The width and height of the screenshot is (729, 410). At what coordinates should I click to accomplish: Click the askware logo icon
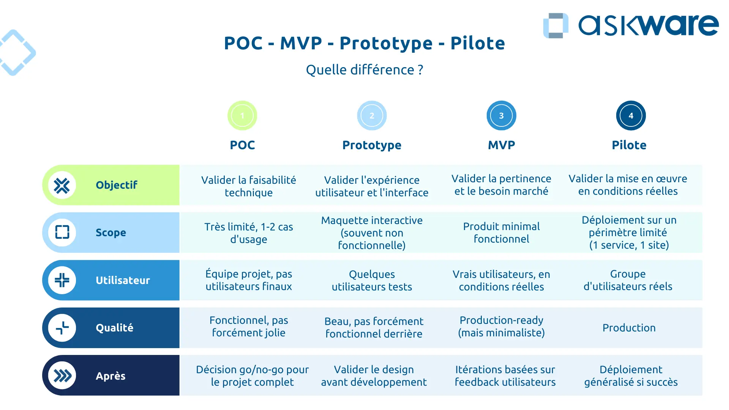555,26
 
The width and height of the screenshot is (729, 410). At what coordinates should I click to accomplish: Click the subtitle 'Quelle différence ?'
364,70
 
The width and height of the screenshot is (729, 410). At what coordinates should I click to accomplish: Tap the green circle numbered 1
242,115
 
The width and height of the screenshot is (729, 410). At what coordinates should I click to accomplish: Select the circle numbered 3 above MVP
501,115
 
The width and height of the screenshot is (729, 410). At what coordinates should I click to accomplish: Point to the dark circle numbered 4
631,115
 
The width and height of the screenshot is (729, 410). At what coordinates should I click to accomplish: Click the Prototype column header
372,145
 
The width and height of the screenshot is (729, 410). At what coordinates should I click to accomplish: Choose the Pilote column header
629,145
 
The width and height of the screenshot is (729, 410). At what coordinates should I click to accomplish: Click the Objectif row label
116,185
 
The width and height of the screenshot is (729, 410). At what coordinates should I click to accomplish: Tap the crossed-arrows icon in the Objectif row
62,186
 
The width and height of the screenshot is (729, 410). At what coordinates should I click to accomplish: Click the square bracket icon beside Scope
62,232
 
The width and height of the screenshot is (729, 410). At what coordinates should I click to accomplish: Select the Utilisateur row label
123,281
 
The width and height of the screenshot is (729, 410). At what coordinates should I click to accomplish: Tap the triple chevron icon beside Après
62,376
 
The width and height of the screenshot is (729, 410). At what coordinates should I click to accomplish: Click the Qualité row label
114,328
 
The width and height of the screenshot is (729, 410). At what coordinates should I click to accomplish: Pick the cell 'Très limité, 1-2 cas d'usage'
249,233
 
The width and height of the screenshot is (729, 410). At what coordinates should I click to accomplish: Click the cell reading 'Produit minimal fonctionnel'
501,232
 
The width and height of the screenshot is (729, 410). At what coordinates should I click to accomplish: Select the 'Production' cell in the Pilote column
629,328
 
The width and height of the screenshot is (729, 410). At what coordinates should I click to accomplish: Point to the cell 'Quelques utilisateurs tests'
372,281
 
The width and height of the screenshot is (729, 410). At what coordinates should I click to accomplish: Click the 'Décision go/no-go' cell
252,375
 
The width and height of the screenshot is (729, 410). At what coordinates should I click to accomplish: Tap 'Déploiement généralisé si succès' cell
631,375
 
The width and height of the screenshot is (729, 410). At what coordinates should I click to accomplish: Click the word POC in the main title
243,43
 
